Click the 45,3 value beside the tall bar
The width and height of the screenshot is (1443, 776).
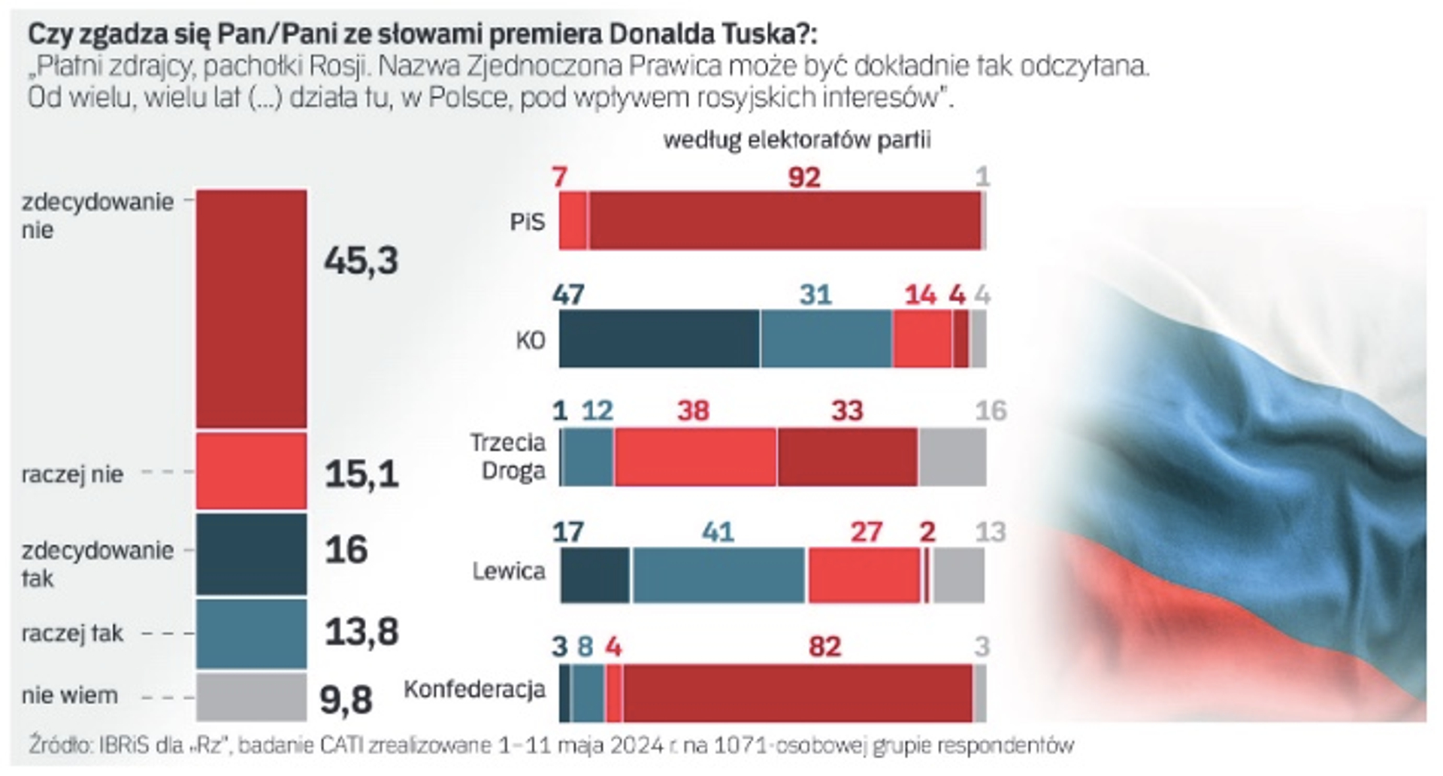(361, 260)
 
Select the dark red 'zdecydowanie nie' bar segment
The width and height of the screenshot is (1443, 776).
(251, 308)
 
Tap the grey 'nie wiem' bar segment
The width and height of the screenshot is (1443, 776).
(251, 696)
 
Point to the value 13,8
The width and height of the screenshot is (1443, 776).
(361, 632)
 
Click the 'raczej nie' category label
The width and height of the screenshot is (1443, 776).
(72, 474)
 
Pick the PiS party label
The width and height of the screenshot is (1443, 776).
(527, 222)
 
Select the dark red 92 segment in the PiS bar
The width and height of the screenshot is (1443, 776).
(785, 220)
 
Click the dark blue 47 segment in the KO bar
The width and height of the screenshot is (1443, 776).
(659, 339)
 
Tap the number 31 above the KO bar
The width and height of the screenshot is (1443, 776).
(815, 295)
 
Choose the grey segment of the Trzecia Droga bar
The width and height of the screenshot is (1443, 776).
(951, 457)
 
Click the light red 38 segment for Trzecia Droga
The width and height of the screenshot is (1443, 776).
(695, 457)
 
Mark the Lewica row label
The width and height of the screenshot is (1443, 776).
(508, 571)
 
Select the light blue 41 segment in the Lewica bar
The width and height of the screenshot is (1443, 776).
(718, 575)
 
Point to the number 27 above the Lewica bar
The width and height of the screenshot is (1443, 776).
(866, 532)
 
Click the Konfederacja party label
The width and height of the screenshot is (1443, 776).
(474, 689)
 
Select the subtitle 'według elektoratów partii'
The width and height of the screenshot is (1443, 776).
(797, 141)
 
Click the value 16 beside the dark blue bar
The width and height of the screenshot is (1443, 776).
(346, 550)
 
